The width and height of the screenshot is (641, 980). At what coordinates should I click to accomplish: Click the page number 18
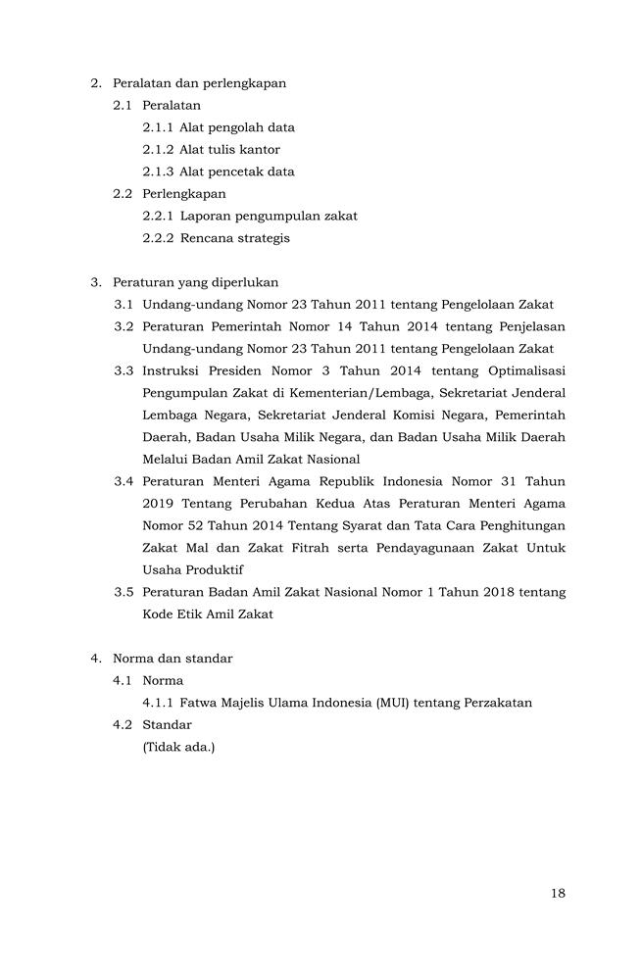(558, 893)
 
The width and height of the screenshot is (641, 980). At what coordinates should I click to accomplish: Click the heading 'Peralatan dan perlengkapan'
(199, 83)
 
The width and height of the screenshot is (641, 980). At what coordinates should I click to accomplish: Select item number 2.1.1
(158, 127)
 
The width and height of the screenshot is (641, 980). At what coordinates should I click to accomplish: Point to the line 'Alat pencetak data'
(236, 171)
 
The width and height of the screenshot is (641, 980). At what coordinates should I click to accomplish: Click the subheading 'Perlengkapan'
(183, 194)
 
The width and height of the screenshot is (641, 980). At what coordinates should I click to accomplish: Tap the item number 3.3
(123, 370)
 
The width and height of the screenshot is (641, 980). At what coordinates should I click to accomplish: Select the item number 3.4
(123, 481)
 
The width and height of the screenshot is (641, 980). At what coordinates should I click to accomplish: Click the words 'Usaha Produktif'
(193, 569)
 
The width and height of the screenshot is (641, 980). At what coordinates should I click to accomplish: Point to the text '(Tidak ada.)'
(178, 747)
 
